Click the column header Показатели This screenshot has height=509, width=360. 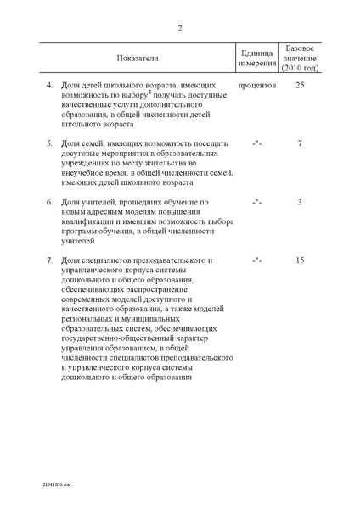click(138, 58)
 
